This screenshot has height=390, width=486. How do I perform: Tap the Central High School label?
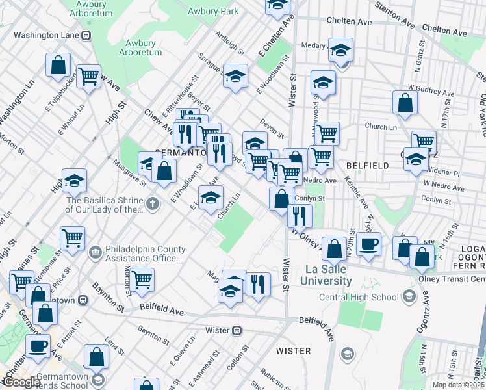(358, 298)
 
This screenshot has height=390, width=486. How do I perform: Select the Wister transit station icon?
(238, 330)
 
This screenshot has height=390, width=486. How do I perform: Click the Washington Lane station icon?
(86, 35)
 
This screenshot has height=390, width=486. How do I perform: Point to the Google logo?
(21, 383)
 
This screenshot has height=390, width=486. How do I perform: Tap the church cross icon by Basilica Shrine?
(152, 203)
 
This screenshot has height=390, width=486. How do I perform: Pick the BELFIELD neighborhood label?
(367, 166)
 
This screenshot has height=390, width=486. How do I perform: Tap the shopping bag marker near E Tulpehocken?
(58, 64)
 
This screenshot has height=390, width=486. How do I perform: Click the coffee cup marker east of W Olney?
(368, 244)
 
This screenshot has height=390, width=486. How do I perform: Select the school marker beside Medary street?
(340, 49)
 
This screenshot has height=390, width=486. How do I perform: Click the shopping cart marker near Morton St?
(142, 280)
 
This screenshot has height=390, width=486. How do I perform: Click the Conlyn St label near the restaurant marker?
(309, 199)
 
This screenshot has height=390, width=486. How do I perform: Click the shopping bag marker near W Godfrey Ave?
(405, 102)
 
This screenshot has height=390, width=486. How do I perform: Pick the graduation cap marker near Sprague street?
(235, 75)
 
